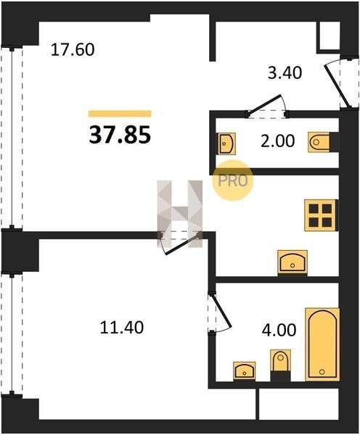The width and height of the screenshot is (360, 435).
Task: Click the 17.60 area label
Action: coord(73,50)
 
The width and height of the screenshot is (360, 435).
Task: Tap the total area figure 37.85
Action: coord(120,135)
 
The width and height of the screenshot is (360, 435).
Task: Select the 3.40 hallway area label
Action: coord(285,73)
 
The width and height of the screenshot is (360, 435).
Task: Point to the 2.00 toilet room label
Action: coord(277,141)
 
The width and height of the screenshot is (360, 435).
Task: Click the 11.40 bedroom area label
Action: coord(122,328)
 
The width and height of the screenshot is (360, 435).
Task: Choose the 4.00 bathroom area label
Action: coord(279,330)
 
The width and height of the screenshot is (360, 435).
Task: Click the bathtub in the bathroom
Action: coord(322,344)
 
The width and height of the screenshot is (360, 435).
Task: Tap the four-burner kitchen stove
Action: coord(321,215)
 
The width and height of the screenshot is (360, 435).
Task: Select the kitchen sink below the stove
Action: coord(292,263)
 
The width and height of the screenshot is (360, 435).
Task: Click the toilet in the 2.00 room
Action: coord(319,142)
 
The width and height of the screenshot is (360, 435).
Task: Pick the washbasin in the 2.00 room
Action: coord(226,144)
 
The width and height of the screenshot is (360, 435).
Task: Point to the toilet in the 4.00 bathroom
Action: coord(281,365)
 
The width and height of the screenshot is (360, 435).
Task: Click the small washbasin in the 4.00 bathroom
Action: coord(244,370)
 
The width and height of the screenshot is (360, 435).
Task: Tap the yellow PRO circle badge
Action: coord(233,181)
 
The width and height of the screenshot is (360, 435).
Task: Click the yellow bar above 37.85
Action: coord(120,114)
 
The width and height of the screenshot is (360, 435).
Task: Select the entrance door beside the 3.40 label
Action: coord(336,86)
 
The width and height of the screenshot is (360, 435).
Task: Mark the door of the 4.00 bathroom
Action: coord(221,311)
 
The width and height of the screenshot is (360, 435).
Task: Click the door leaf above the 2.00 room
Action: coord(264,104)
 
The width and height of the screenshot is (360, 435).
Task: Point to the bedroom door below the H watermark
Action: coord(182,244)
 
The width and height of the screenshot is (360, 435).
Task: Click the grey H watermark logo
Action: coord(180,214)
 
